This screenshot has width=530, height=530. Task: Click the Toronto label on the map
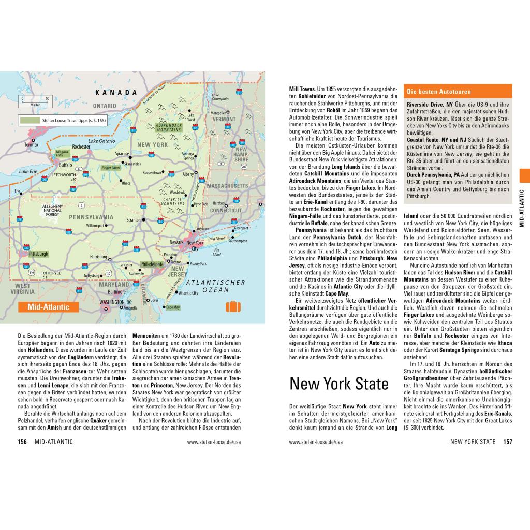[31, 145]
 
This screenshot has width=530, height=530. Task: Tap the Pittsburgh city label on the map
[39, 254]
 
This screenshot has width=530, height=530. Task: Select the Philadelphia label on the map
[152, 263]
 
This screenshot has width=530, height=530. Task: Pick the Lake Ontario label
[101, 141]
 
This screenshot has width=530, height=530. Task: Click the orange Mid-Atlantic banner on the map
[48, 307]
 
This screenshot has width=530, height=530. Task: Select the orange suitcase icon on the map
[233, 306]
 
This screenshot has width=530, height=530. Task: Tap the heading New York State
[338, 384]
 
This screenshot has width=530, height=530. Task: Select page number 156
[22, 441]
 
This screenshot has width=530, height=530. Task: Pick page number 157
[507, 441]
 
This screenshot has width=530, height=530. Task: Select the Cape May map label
[173, 307]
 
